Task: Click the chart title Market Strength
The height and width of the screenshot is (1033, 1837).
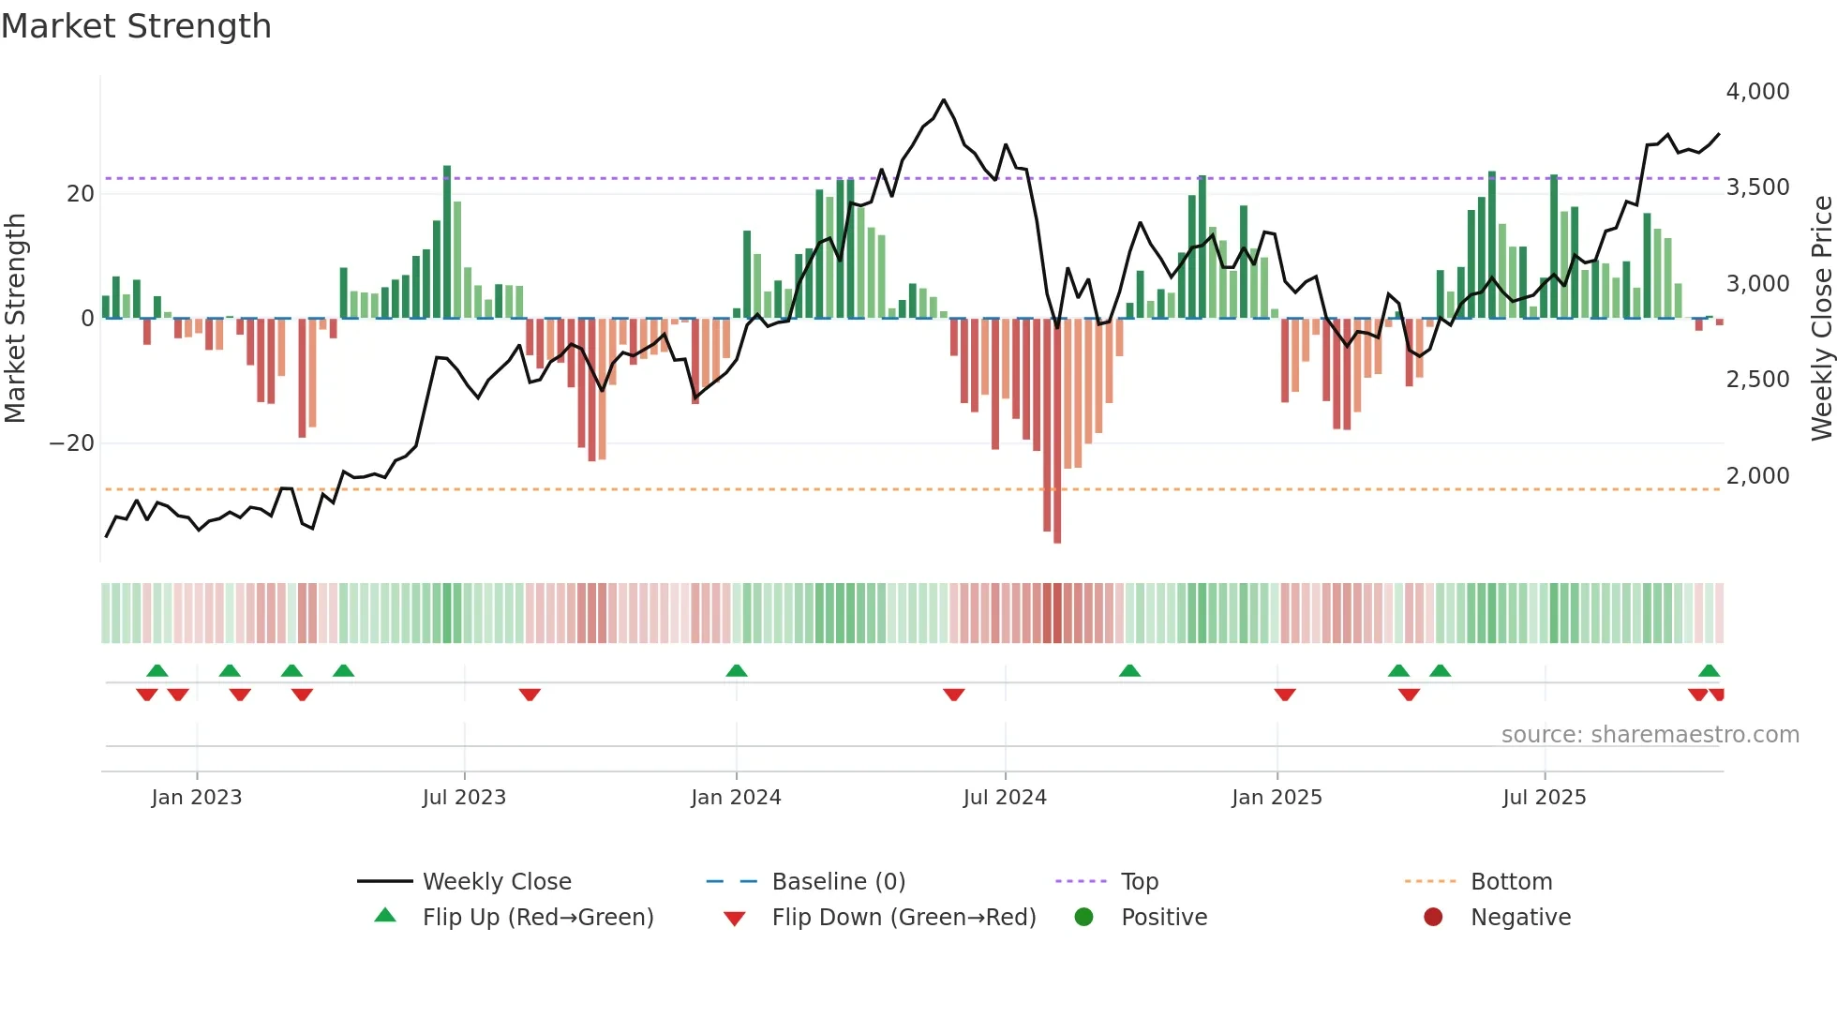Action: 136,26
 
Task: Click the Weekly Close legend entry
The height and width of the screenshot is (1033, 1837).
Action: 496,881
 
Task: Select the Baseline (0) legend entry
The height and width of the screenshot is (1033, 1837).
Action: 838,881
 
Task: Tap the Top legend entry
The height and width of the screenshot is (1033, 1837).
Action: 1139,881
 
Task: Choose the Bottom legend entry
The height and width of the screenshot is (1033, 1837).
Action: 1511,881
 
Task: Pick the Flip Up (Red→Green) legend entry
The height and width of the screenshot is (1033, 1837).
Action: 537,917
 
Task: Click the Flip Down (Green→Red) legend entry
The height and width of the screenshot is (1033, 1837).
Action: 904,917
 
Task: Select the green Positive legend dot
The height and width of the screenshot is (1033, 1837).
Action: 1084,917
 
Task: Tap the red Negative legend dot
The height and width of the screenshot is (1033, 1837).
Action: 1433,917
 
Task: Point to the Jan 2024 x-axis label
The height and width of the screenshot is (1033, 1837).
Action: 736,797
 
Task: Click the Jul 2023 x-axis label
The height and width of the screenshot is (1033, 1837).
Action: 464,797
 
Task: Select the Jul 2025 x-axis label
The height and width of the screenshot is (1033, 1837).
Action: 1544,797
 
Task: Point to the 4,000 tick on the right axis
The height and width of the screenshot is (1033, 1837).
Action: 1757,92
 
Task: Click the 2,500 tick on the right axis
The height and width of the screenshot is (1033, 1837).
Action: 1757,380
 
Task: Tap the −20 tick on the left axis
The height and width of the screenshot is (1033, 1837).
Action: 72,442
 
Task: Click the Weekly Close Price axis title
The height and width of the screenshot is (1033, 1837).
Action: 1821,319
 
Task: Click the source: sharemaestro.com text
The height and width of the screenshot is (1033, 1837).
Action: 1650,734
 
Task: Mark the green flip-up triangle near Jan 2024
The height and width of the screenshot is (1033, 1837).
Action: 737,670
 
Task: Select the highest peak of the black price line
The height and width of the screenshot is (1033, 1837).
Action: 944,99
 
